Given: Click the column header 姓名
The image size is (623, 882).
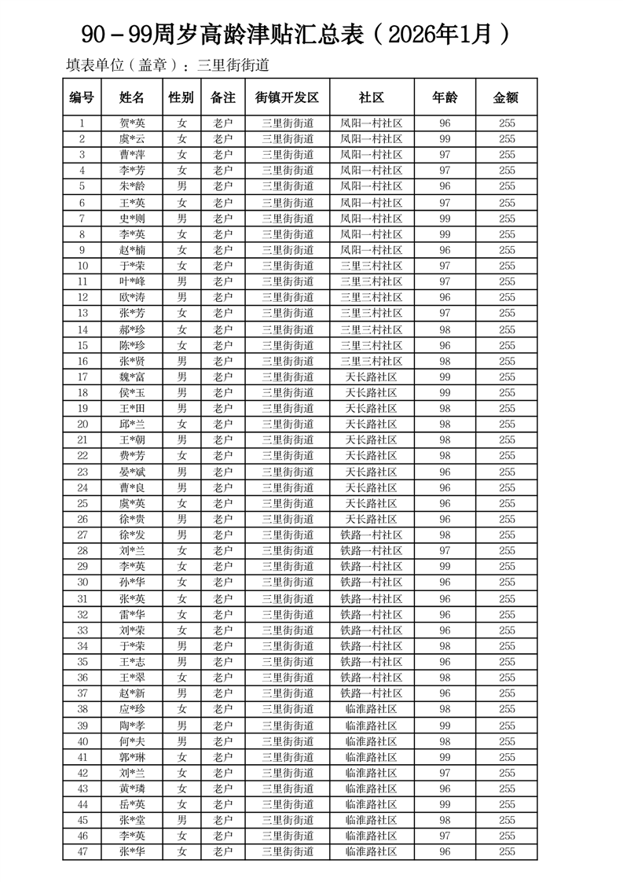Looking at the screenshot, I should [x=132, y=97].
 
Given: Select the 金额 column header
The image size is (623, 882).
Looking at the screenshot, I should [x=506, y=97].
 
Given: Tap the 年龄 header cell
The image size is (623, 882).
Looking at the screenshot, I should [x=445, y=97].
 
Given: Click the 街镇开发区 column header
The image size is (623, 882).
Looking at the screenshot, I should [x=287, y=97].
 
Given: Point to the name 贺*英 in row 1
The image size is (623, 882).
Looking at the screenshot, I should [x=132, y=123].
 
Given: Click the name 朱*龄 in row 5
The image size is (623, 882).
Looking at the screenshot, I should [x=132, y=186].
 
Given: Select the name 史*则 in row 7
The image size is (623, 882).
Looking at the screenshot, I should [x=132, y=219].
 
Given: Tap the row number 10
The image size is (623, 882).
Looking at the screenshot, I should [x=82, y=266].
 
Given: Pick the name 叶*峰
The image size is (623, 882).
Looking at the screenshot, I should [x=132, y=281].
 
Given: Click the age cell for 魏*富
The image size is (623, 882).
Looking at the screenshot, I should [x=445, y=377].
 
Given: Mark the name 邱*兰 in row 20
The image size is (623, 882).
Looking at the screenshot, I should [x=132, y=424].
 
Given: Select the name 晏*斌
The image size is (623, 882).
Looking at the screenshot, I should [x=132, y=472].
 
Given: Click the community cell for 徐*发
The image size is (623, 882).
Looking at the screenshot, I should [x=371, y=535].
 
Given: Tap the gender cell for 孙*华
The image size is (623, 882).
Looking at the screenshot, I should [x=181, y=582].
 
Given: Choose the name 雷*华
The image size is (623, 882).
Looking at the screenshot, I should [x=132, y=615].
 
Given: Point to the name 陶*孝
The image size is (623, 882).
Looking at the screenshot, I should [x=132, y=726].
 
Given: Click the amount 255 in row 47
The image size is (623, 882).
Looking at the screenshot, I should [x=507, y=851].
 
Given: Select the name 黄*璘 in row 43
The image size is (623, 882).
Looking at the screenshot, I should [x=132, y=788].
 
